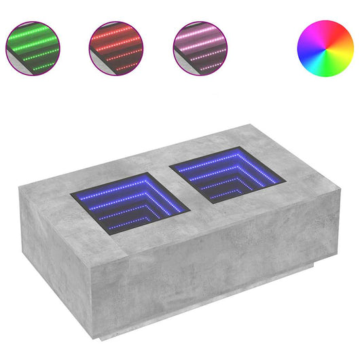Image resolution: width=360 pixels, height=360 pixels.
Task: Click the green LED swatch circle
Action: (x=33, y=48)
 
